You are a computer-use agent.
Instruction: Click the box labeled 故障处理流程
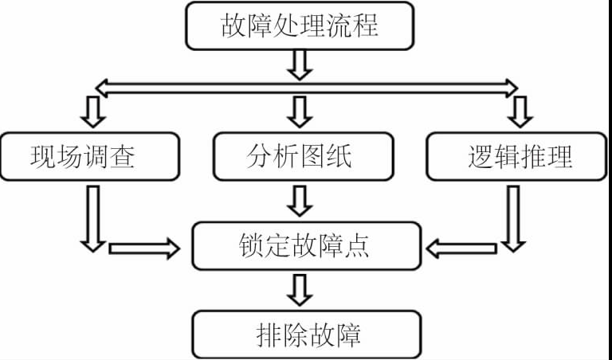pyautogui.click(x=300, y=25)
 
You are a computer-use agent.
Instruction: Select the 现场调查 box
pyautogui.click(x=83, y=156)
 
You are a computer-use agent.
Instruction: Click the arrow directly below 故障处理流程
pyautogui.click(x=300, y=64)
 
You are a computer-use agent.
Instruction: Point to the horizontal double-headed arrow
pyautogui.click(x=306, y=85)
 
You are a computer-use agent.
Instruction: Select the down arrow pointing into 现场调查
pyautogui.click(x=94, y=112)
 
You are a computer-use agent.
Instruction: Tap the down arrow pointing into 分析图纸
pyautogui.click(x=300, y=112)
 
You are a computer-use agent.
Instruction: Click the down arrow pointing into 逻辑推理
pyautogui.click(x=520, y=112)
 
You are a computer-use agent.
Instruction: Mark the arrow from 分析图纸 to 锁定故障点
pyautogui.click(x=300, y=201)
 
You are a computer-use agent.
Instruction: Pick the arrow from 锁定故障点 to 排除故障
pyautogui.click(x=300, y=290)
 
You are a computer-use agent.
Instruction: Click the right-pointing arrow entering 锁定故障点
pyautogui.click(x=143, y=248)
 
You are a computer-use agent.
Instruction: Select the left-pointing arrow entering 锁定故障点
pyautogui.click(x=462, y=248)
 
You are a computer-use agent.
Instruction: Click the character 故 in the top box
pyautogui.click(x=233, y=25)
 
